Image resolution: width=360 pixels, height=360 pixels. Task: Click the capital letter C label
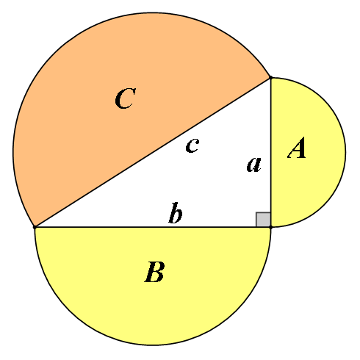(x=125, y=98)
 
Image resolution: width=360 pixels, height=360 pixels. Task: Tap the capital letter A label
(x=297, y=148)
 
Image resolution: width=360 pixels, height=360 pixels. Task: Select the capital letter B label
(x=154, y=272)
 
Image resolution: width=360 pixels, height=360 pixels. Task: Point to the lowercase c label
(x=192, y=145)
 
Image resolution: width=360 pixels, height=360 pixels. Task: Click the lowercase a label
(x=254, y=165)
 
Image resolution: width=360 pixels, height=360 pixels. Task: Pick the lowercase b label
(x=176, y=213)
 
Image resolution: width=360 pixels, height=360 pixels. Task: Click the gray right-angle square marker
(x=263, y=220)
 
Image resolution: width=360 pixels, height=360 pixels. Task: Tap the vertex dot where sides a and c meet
(x=270, y=78)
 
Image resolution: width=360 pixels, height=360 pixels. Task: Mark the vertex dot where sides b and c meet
(x=35, y=227)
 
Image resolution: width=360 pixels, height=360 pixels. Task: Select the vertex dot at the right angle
(x=270, y=227)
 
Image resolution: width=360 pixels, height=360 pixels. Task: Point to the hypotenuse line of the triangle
(x=153, y=152)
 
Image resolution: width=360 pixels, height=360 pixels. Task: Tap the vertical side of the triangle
(x=270, y=152)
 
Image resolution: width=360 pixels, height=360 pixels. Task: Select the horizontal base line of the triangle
(x=153, y=227)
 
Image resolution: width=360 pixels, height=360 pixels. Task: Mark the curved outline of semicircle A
(x=345, y=152)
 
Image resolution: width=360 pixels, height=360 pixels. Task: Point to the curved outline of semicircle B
(x=153, y=345)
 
